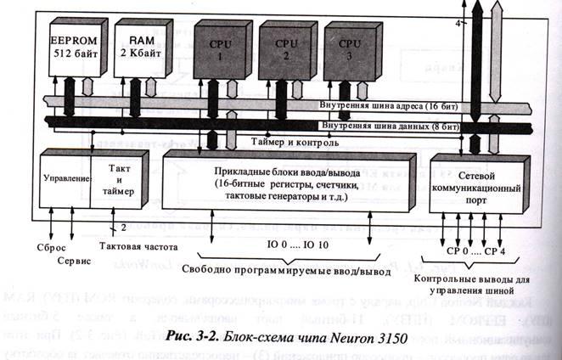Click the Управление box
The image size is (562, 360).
[65, 180]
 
